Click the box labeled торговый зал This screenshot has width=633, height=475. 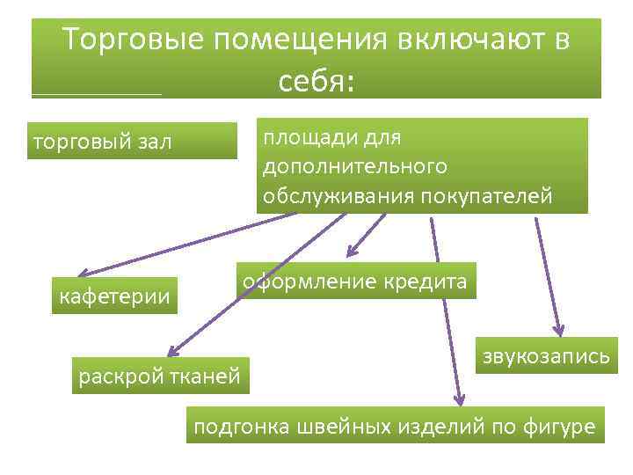click(x=132, y=141)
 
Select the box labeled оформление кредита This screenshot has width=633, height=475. click(x=355, y=281)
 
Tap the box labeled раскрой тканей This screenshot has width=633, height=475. click(x=160, y=376)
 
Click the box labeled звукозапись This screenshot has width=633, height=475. click(x=546, y=356)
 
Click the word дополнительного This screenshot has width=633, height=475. click(x=354, y=166)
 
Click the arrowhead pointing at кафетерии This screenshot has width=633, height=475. click(x=81, y=274)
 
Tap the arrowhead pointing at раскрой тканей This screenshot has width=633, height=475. click(x=172, y=352)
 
